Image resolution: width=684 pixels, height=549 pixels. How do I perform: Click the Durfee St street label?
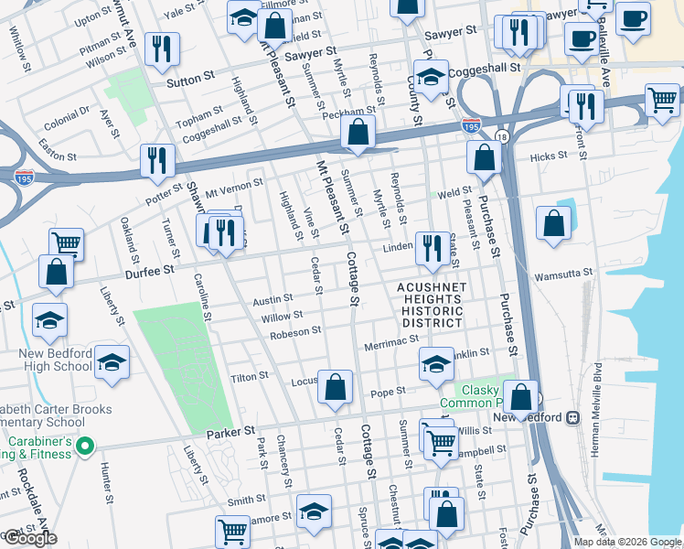(155, 271)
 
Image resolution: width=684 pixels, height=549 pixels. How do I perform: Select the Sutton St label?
(190, 81)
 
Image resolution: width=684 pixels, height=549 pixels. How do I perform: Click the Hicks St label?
(549, 156)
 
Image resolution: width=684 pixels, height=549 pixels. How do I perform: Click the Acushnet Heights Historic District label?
(432, 305)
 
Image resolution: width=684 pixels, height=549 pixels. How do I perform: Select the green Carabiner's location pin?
(85, 447)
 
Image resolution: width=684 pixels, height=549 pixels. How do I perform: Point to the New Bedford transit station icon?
(573, 417)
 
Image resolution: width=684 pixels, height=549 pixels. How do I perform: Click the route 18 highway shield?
(500, 136)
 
